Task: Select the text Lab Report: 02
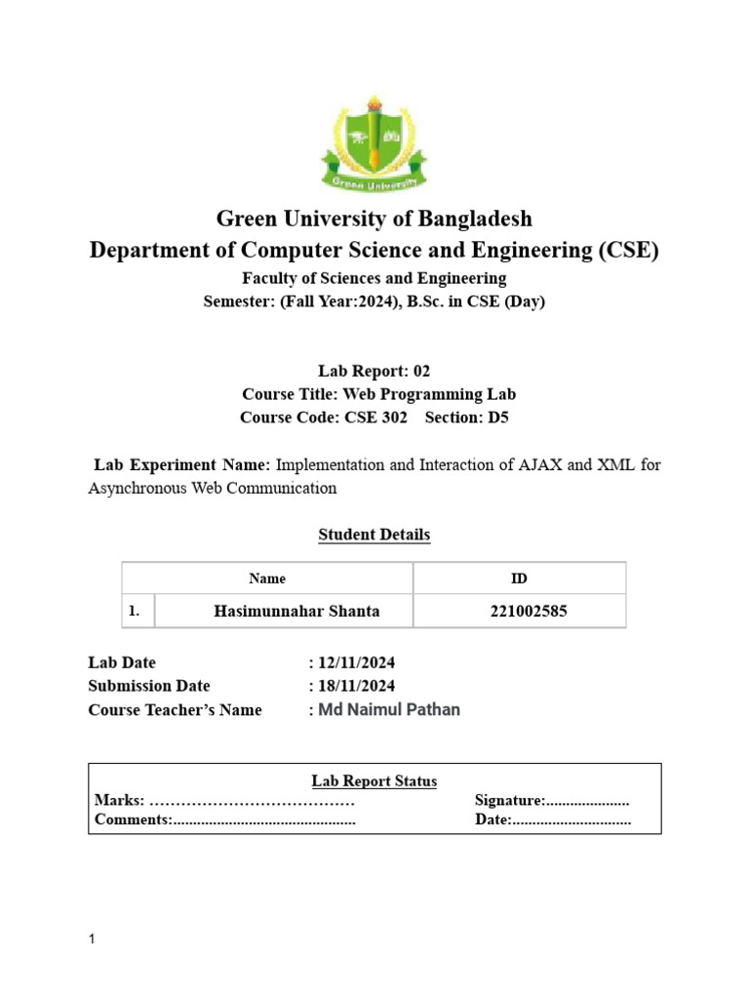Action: (x=374, y=371)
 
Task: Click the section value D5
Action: (x=498, y=418)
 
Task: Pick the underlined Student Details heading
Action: (x=374, y=535)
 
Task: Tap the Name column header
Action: (x=267, y=579)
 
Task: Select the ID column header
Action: (x=520, y=579)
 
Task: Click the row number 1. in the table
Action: (x=135, y=612)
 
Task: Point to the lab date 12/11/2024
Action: (x=357, y=662)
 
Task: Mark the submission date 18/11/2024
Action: (x=357, y=686)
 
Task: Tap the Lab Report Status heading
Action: (x=374, y=781)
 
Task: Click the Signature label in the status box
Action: (x=509, y=801)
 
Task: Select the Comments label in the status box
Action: (x=133, y=819)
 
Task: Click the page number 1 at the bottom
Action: (x=92, y=939)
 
